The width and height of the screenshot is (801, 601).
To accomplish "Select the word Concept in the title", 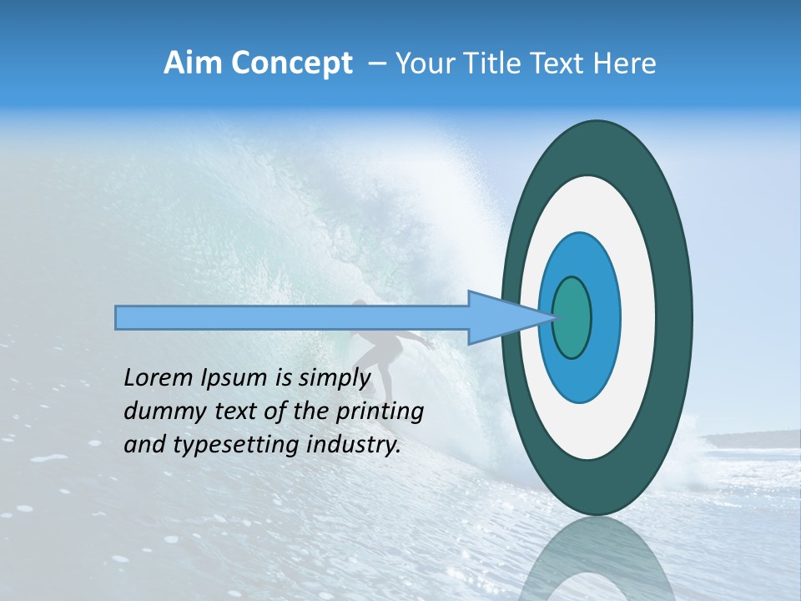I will [x=290, y=63].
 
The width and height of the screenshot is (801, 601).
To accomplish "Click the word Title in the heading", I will [x=487, y=63].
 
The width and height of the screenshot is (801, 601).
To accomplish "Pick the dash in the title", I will [x=376, y=64].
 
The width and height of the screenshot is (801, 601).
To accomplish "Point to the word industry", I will [x=349, y=445].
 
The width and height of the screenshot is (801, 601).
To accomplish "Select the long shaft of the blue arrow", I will [x=292, y=317].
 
